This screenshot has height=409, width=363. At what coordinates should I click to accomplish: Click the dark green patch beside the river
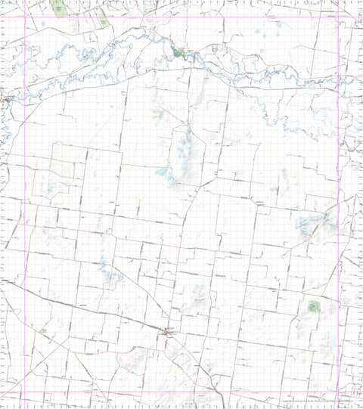[x=179, y=53]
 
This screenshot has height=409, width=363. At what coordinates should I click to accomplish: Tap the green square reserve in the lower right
[x=315, y=306]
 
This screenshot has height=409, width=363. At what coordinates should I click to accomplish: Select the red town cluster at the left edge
[x=7, y=96]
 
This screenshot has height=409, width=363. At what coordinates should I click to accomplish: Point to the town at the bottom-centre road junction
[x=168, y=331]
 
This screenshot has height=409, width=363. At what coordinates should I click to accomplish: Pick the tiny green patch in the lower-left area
[x=43, y=331]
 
